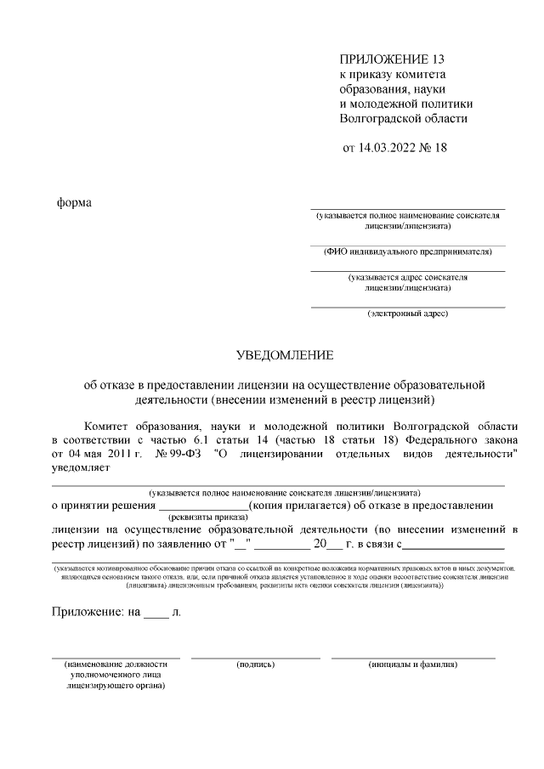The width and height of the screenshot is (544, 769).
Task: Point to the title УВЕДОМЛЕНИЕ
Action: (285, 354)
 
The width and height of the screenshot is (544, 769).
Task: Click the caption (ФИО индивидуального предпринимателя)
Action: (408, 252)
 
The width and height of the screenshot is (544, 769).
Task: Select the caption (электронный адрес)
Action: (408, 313)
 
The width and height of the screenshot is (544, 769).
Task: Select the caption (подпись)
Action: (255, 664)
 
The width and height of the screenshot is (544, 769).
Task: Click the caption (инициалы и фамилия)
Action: (413, 664)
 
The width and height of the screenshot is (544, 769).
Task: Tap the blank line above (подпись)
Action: (255, 657)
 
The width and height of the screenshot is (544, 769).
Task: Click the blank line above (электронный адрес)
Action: (408, 306)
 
